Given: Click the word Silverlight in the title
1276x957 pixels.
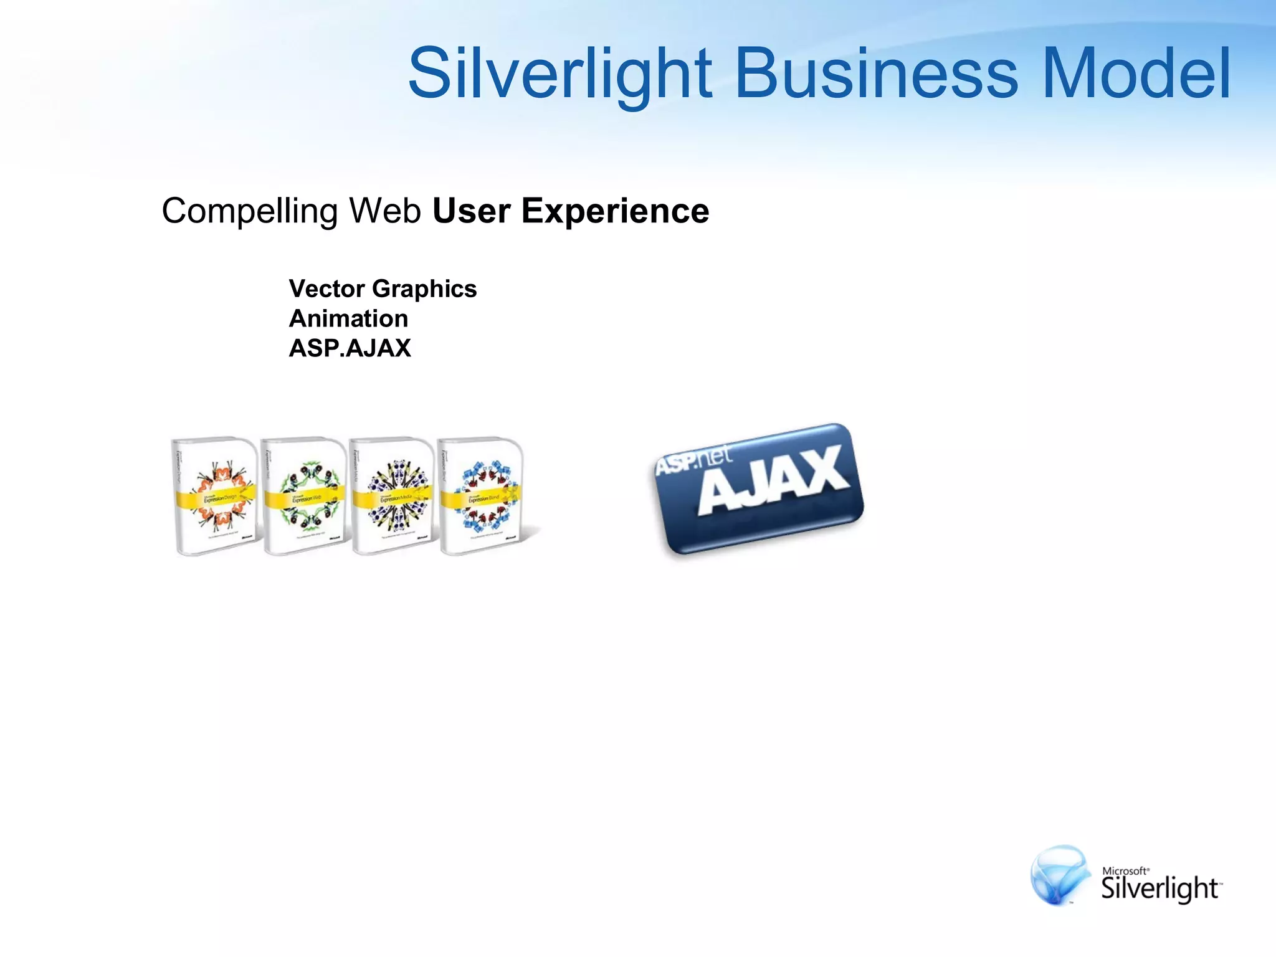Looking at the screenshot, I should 559,74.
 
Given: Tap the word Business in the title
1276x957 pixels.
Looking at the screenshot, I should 877,74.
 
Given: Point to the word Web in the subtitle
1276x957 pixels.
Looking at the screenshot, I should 385,211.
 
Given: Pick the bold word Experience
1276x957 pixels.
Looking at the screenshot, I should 615,211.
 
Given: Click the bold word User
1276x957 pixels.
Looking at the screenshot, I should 472,211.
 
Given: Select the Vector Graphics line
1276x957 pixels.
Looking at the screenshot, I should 383,288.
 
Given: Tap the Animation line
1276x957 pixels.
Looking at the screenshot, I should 348,318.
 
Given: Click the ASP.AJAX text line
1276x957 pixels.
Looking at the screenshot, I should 350,348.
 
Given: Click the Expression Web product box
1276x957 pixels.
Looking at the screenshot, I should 303,495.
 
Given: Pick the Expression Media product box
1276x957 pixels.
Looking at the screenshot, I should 392,495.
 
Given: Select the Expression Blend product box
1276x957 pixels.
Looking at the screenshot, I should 480,495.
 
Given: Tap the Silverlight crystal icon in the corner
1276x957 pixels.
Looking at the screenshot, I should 1060,874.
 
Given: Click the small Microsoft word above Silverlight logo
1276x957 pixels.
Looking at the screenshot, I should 1125,871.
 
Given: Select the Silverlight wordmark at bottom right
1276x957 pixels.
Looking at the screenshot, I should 1159,888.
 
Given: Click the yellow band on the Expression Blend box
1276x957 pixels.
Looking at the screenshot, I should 480,498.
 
